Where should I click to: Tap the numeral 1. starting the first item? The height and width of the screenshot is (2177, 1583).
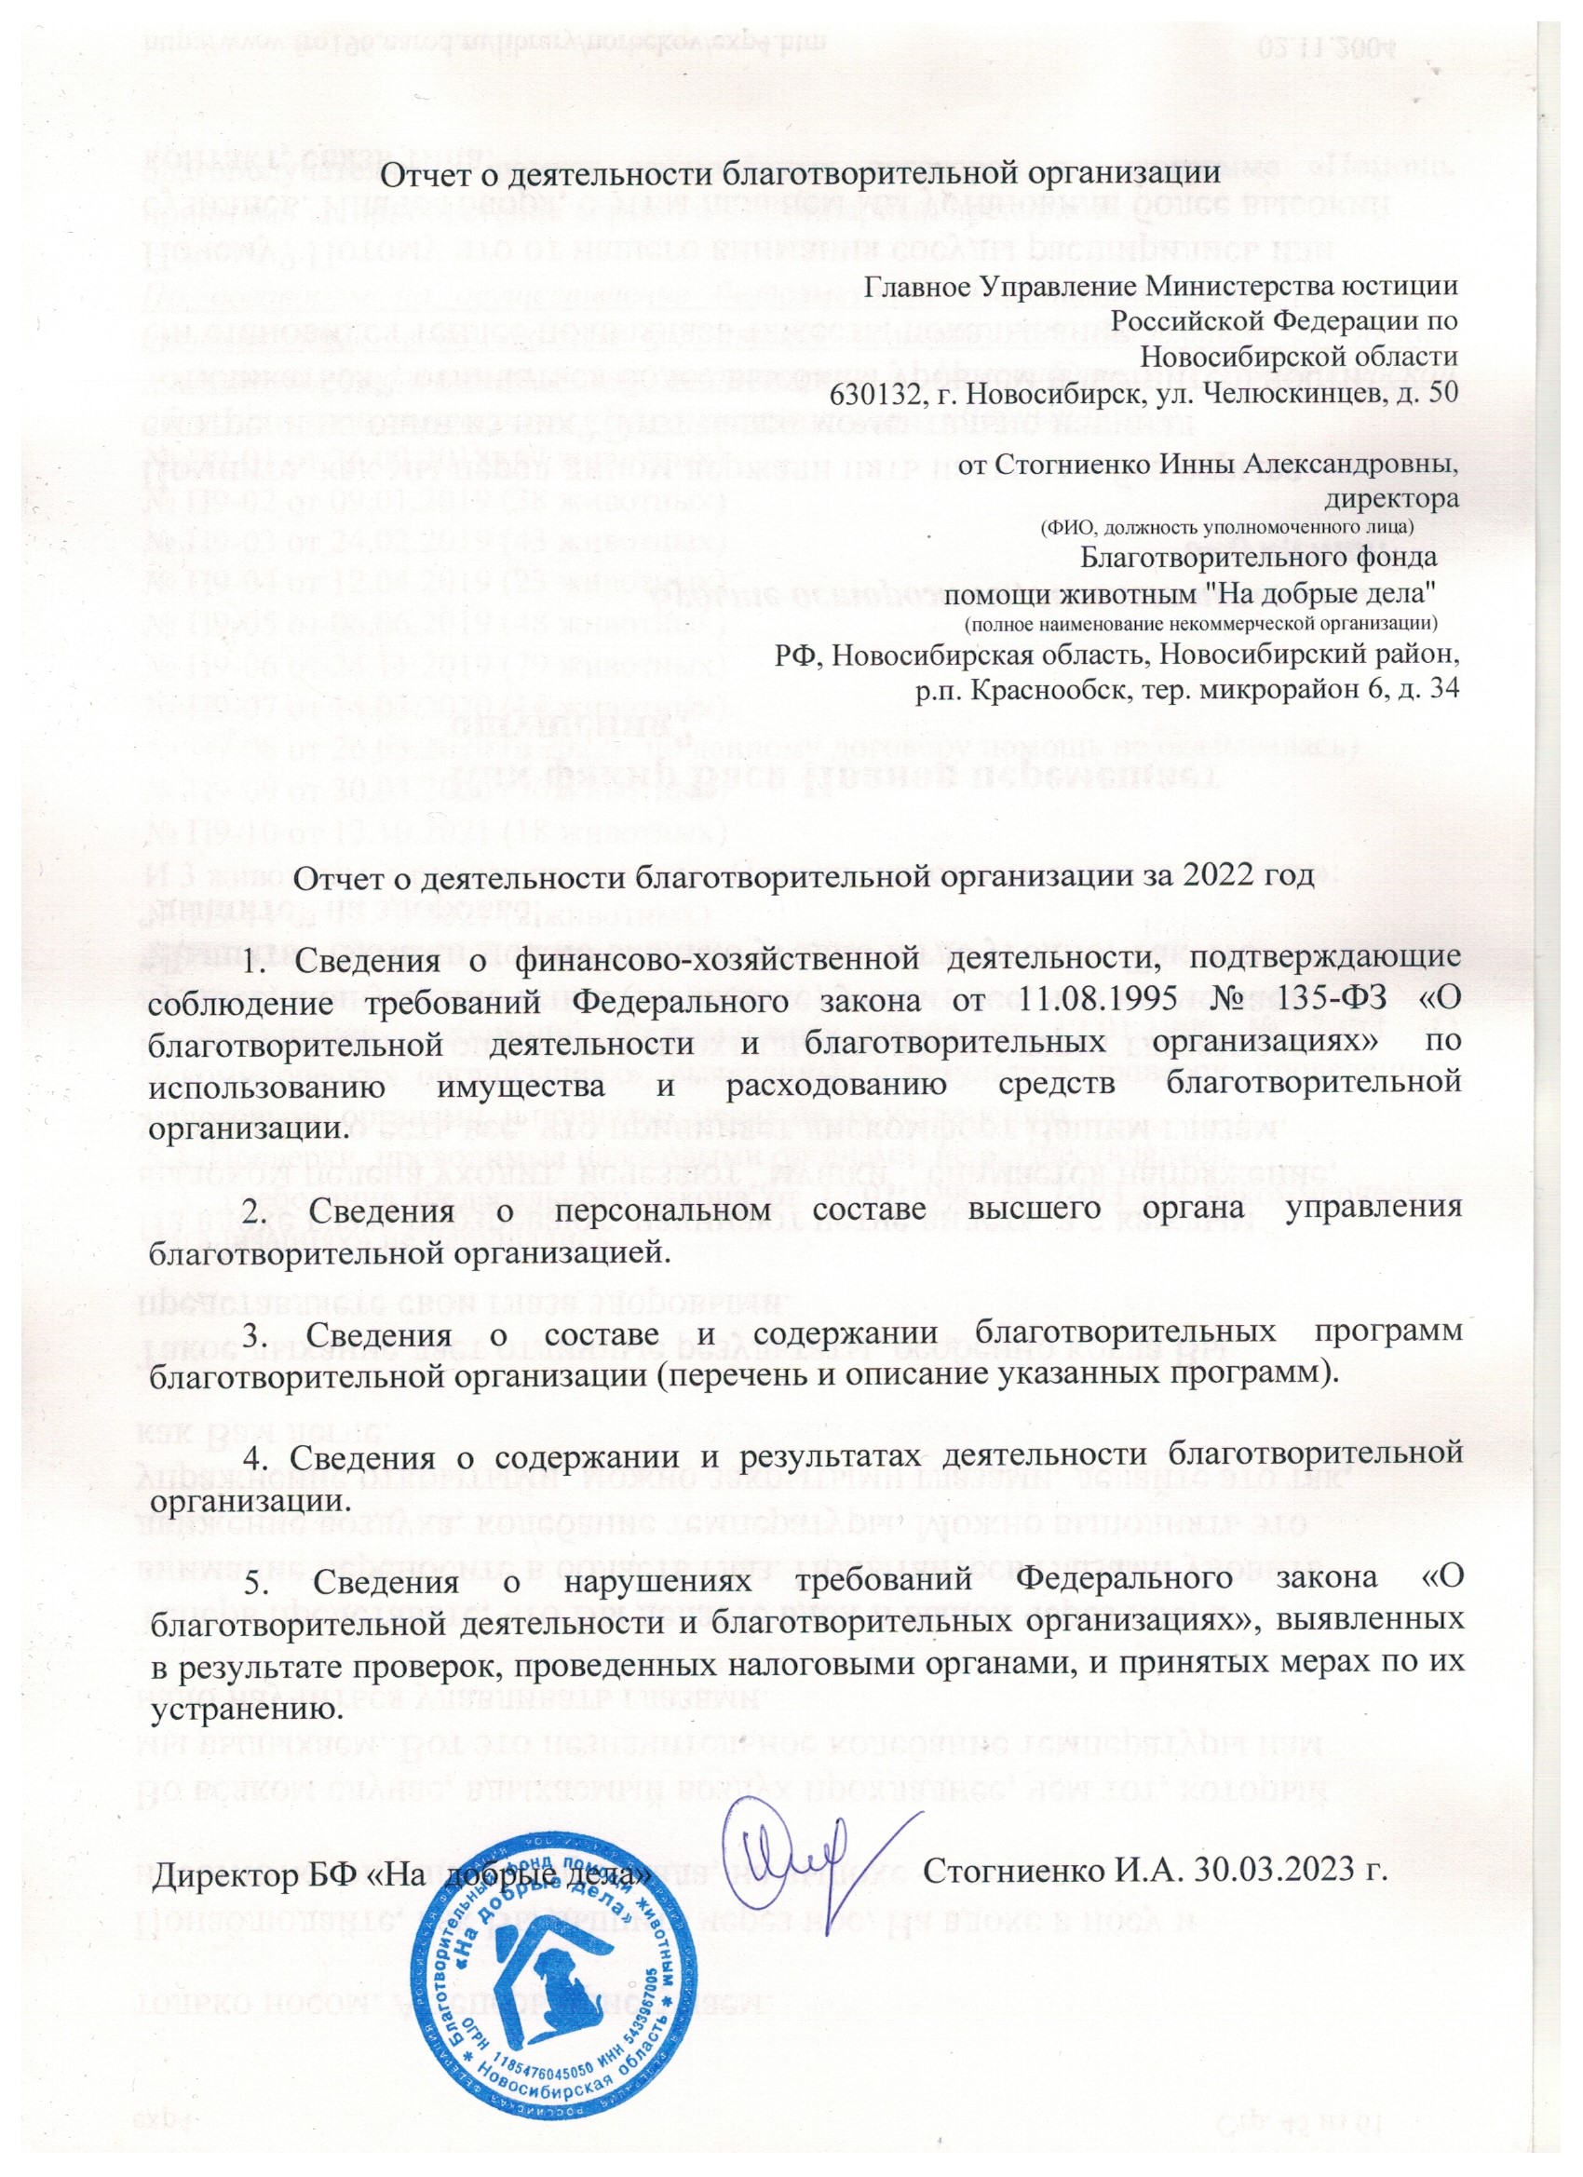point(256,958)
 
